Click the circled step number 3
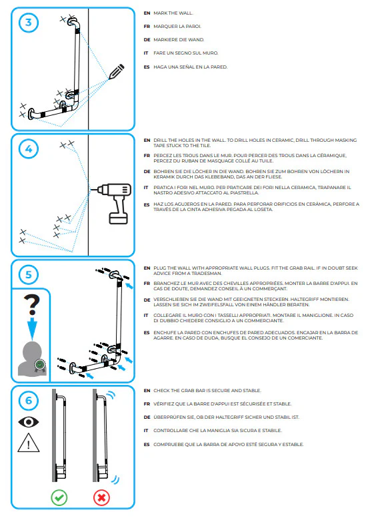tap(29, 22)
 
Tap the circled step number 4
tap(29, 149)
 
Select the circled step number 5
tap(29, 274)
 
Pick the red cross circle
tap(102, 497)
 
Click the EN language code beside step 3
tap(147, 13)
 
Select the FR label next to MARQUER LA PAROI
tap(147, 26)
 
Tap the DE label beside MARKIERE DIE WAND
tap(147, 39)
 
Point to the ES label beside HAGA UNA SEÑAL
tap(147, 67)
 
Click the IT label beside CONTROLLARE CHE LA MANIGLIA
tap(147, 430)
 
